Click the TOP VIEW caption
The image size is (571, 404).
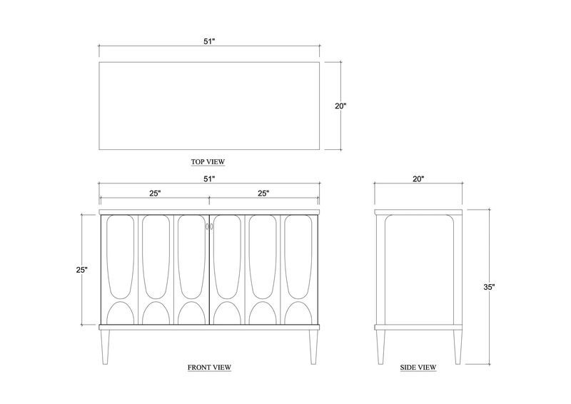click(x=208, y=161)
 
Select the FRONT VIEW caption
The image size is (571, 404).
click(x=209, y=367)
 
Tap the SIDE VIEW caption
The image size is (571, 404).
click(x=418, y=367)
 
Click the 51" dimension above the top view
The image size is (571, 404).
click(x=209, y=41)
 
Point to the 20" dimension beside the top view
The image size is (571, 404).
click(x=340, y=106)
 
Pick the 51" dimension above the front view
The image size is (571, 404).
click(x=209, y=179)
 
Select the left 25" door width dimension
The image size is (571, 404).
click(x=155, y=193)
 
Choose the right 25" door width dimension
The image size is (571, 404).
click(x=263, y=193)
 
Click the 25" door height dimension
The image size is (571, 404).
click(x=82, y=270)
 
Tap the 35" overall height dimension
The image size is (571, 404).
click(x=489, y=287)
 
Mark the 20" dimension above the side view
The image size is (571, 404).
click(x=418, y=179)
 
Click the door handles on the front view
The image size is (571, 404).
click(x=209, y=226)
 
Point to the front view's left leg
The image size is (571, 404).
click(x=105, y=347)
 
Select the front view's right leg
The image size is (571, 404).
click(x=313, y=347)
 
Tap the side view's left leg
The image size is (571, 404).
click(x=380, y=347)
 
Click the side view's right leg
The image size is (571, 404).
click(x=458, y=347)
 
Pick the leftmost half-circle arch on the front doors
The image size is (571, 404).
click(x=120, y=313)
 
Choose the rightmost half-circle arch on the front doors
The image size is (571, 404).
click(x=298, y=313)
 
